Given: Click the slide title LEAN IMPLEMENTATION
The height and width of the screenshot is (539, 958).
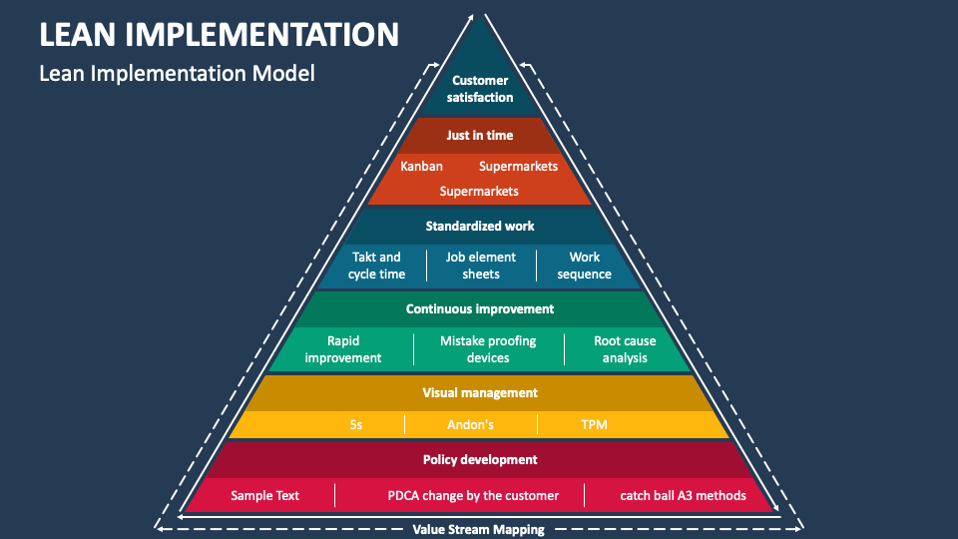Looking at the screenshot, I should pos(220,34).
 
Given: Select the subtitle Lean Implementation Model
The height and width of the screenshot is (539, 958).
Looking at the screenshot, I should pos(177,73).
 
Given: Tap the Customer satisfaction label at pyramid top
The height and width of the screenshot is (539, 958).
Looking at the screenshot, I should pos(480,89).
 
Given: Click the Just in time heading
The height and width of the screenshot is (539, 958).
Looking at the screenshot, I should pos(480,135).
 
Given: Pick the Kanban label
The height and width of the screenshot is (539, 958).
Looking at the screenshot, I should pos(421,166).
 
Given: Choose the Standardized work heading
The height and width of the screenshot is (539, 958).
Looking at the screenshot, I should pos(480,226).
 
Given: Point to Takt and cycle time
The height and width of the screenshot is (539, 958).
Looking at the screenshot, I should pos(376,266).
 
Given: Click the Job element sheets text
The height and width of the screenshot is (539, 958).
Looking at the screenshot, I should pos(480,266).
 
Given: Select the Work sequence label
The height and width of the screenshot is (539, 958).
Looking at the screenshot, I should pos(584,266).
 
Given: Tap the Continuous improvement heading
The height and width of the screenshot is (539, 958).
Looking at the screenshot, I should pos(480,308).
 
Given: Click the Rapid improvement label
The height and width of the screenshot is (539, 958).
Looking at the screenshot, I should pos(343,349).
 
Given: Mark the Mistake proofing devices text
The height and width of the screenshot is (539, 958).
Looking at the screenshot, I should pos(488,349).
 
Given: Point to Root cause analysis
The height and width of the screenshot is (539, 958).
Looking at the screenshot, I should pos(625,349).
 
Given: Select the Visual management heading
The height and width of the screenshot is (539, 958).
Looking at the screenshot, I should pos(480,392).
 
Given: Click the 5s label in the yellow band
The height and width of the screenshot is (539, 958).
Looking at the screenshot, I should pos(356,424).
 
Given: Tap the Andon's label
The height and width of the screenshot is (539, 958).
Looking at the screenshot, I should pos(470,424).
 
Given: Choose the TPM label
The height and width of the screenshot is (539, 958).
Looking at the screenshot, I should pos(594,424).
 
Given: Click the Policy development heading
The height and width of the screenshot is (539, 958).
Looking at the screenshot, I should pos(480,459).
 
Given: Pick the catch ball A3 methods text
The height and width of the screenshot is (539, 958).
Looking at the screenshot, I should pos(683,495).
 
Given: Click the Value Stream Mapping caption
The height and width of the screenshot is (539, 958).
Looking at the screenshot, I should pos(479,529).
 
